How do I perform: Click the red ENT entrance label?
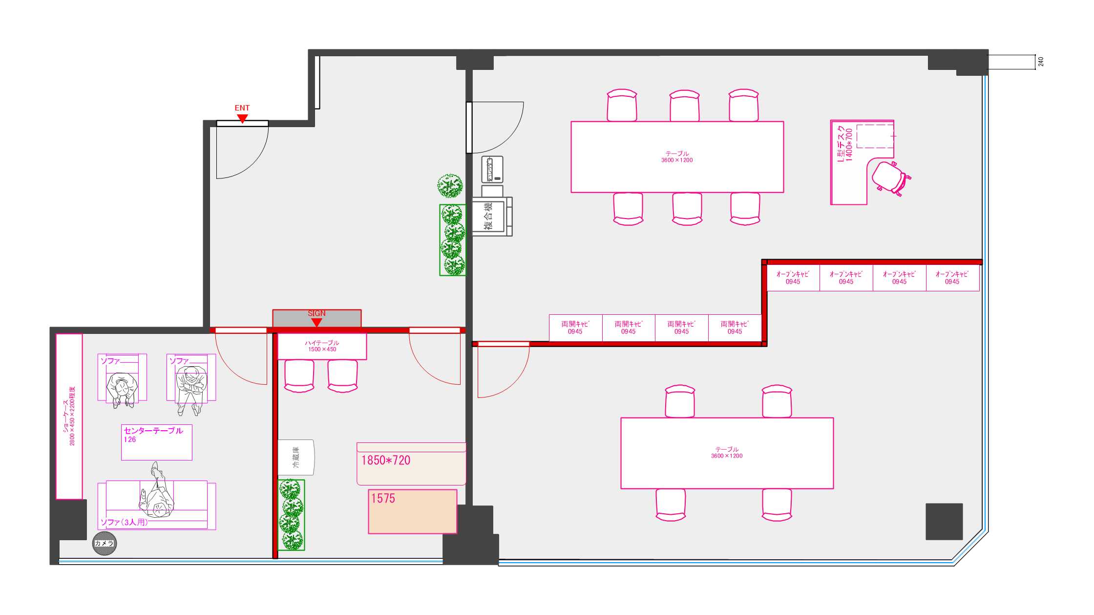tap(242, 108)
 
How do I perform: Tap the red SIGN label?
tap(316, 313)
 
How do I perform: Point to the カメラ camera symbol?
tap(105, 543)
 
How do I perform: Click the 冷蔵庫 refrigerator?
tap(296, 457)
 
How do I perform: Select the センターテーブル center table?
tap(156, 442)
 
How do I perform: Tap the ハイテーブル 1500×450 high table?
tap(322, 346)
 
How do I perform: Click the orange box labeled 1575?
tap(412, 511)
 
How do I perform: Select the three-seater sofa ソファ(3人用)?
tap(156, 505)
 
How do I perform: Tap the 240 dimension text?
tap(1041, 62)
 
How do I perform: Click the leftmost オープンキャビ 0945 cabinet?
tap(793, 278)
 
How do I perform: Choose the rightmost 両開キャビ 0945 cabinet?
tap(735, 328)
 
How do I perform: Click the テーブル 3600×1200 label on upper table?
tap(677, 156)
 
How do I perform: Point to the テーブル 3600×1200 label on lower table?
tap(727, 452)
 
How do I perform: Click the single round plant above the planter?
tap(450, 186)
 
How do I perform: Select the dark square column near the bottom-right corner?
tap(944, 522)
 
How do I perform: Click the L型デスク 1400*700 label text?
tap(844, 144)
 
